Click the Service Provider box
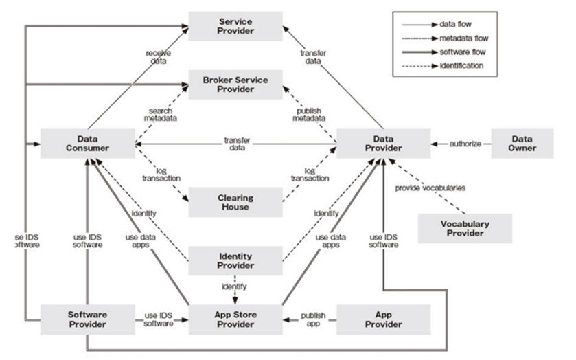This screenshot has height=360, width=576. click(235, 27)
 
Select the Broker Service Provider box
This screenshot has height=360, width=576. click(235, 86)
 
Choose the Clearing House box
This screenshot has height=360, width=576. click(235, 203)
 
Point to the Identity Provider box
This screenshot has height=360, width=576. click(235, 262)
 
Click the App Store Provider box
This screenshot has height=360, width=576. click(235, 319)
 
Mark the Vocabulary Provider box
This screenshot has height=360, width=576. click(465, 229)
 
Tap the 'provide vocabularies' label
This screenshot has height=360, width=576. click(430, 188)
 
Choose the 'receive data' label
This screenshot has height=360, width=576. click(159, 56)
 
